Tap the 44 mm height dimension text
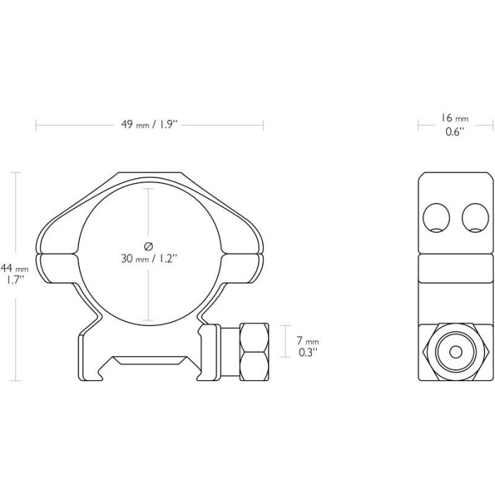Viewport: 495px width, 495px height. tap(15, 269)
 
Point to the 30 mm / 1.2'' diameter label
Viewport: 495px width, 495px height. tap(148, 259)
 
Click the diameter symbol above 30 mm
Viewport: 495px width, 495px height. tap(148, 246)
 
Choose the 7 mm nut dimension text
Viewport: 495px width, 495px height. tap(308, 341)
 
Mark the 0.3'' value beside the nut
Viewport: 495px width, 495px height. tap(308, 353)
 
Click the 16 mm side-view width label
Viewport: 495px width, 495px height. tap(455, 118)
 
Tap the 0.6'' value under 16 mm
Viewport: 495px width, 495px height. tap(455, 132)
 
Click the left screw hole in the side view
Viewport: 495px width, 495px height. tap(436, 218)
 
